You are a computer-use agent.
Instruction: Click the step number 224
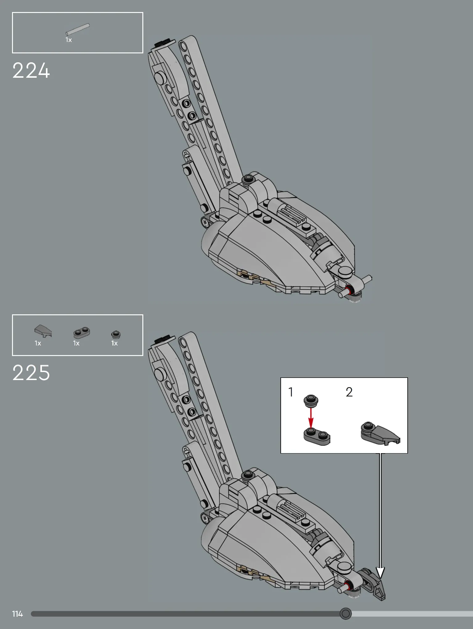tap(31, 71)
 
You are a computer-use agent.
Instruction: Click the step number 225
tap(31, 373)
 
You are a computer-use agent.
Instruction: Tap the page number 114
tap(18, 614)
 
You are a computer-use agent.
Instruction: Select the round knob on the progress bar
tap(346, 614)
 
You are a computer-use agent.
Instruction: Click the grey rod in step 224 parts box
tap(77, 29)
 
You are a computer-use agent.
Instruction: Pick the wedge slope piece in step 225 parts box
tap(43, 331)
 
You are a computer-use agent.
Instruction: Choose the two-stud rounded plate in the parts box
tap(81, 333)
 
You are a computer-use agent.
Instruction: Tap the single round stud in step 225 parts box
tap(116, 334)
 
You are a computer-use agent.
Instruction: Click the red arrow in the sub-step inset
tap(311, 418)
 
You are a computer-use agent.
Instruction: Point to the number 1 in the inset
tap(291, 392)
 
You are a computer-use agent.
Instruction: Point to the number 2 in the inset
tap(349, 392)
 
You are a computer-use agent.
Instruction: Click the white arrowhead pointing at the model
tap(381, 573)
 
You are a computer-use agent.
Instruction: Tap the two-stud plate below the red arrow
tap(317, 436)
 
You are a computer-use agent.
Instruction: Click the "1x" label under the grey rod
tap(69, 40)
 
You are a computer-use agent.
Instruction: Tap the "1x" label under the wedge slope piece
tap(38, 343)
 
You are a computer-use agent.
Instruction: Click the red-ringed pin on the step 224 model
tap(349, 291)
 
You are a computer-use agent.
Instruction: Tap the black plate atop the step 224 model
tap(164, 43)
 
